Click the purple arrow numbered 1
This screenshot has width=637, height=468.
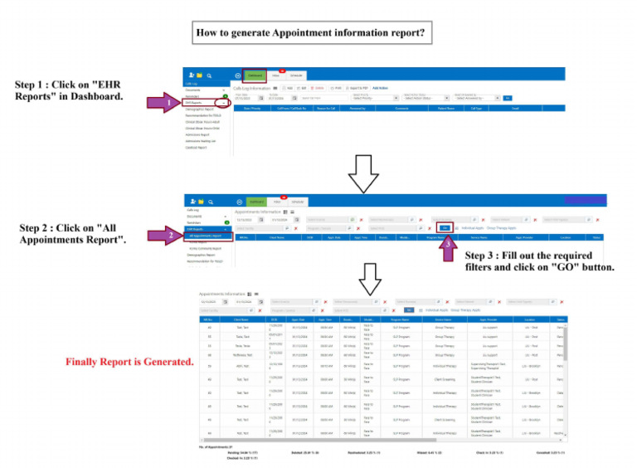pos(163,103)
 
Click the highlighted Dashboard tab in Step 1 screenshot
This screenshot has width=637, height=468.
pos(255,76)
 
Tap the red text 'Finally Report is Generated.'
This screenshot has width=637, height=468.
pos(129,362)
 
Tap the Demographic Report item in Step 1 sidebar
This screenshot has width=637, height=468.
pos(199,109)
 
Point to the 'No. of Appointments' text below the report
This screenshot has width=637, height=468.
pos(220,446)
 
